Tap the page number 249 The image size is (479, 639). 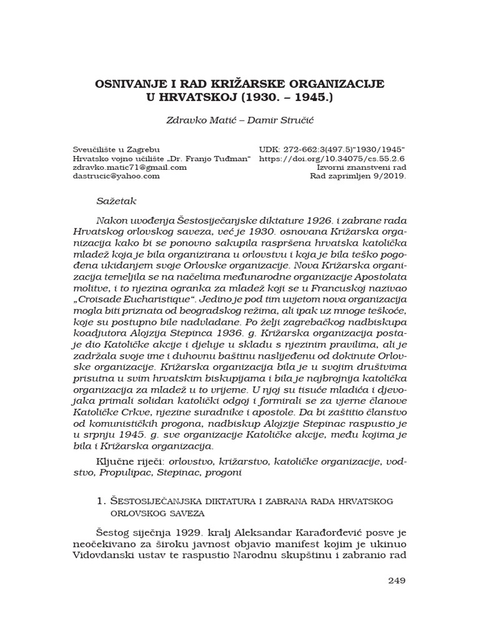coord(396,580)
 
